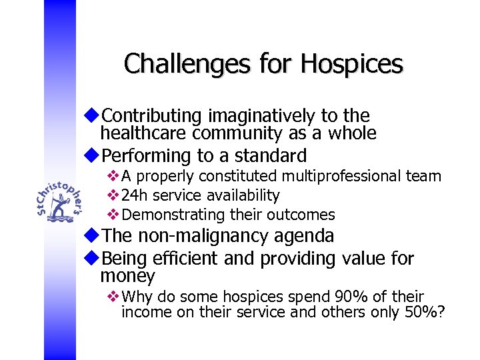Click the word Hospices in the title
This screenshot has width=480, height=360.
[351, 64]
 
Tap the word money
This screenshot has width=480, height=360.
[127, 276]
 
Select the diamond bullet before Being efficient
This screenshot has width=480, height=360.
[93, 258]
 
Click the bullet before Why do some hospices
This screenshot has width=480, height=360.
[112, 297]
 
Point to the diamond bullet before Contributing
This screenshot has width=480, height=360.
[93, 115]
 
